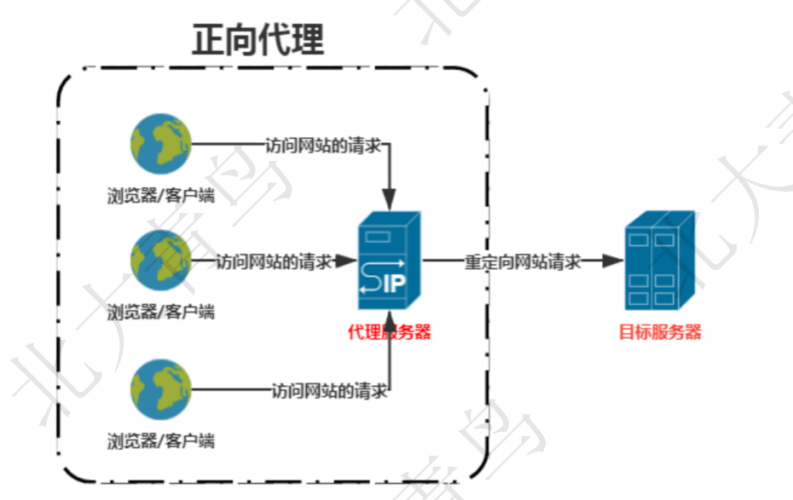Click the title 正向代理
click(258, 39)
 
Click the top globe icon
click(161, 144)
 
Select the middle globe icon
click(161, 261)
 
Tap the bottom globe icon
click(161, 389)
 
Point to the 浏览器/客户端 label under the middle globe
click(161, 311)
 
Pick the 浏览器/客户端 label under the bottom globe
click(161, 440)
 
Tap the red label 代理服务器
click(390, 332)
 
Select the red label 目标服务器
click(660, 332)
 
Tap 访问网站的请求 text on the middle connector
click(274, 261)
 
